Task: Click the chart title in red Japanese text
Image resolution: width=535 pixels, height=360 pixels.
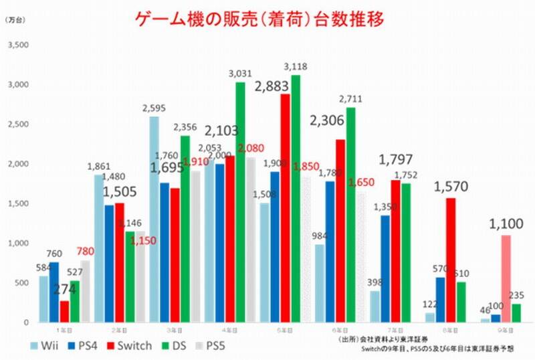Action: (x=268, y=19)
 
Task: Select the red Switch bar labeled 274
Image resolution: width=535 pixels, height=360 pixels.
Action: (x=64, y=311)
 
